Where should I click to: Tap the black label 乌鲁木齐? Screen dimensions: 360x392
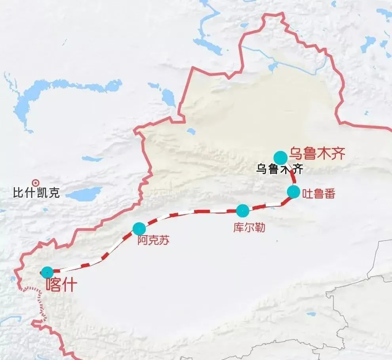[280, 169]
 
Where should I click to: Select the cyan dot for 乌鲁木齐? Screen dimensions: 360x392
[280, 158]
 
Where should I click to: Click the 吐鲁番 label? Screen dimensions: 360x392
[318, 194]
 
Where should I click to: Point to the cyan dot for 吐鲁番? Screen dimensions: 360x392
[293, 192]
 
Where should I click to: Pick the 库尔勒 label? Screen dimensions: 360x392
[249, 229]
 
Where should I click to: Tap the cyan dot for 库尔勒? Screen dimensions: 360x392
[242, 211]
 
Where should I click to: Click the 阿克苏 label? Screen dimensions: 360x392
[153, 240]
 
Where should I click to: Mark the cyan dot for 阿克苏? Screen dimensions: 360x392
[139, 229]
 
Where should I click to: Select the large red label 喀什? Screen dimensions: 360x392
[61, 285]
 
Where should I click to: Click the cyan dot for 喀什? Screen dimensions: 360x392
[47, 272]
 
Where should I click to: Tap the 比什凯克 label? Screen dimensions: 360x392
[36, 193]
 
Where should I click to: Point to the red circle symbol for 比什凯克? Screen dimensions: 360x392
[36, 183]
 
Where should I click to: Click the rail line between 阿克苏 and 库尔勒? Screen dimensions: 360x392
[190, 212]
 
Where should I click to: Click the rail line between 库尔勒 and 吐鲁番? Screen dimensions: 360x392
[269, 205]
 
